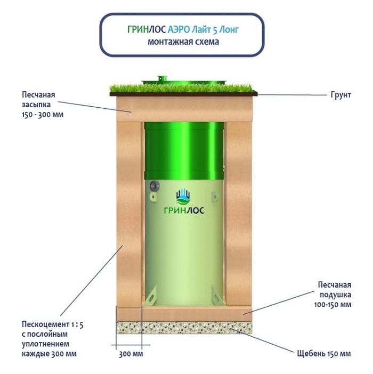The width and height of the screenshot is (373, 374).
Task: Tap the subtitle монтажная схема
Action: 183,42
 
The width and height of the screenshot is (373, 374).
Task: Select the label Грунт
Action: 340,95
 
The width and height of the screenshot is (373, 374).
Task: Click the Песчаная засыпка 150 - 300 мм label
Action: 43,105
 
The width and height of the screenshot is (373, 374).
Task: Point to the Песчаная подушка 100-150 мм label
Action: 333,295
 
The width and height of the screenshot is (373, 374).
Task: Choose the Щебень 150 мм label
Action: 324,353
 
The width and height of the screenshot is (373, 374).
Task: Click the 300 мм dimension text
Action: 131,354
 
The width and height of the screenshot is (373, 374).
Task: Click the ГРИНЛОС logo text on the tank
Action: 184,210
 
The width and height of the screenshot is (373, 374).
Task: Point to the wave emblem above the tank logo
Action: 183,197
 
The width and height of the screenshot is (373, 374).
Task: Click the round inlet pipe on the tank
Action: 155,186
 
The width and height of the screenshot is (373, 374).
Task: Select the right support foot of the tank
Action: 217,295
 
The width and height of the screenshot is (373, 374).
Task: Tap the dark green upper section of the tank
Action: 184,151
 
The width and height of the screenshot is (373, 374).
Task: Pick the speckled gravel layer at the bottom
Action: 184,327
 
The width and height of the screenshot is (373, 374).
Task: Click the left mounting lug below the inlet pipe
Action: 153,197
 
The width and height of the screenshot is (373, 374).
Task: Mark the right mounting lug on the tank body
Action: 215,197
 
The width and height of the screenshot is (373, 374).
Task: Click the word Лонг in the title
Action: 229,30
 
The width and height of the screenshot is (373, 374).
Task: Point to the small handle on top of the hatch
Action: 163,78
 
